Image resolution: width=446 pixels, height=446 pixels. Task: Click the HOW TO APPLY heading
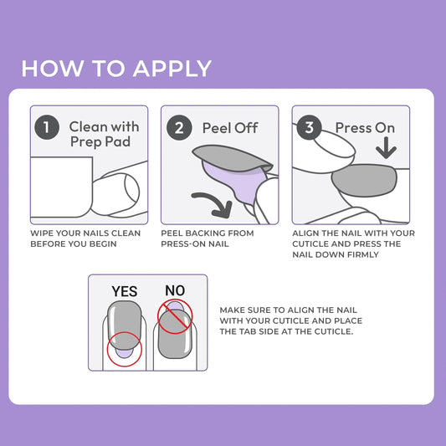(116, 68)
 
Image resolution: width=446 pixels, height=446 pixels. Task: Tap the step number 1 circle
(47, 128)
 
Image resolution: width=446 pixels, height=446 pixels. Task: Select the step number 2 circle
(178, 128)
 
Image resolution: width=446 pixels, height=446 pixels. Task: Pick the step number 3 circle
(309, 128)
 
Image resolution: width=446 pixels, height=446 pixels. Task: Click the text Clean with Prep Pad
(104, 134)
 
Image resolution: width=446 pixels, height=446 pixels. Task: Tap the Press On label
(365, 128)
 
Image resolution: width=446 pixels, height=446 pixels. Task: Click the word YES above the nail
(125, 291)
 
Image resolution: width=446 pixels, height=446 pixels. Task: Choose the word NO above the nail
(175, 290)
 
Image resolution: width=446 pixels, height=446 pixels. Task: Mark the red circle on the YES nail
(124, 349)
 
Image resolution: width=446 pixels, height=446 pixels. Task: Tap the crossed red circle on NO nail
(174, 315)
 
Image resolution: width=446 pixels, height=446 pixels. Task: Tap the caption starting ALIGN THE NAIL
(353, 244)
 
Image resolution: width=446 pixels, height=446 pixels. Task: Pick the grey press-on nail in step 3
(366, 180)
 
